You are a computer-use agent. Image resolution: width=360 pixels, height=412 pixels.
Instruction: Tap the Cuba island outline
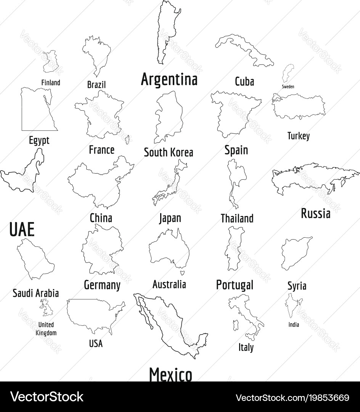tap(244, 50)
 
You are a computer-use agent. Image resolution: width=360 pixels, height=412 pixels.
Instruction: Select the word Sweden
tap(288, 87)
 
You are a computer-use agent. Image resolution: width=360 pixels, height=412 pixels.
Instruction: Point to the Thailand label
tap(237, 218)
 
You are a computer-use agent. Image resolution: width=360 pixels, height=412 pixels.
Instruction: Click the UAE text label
tap(22, 230)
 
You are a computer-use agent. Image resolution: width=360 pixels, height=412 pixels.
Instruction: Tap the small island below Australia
tap(183, 272)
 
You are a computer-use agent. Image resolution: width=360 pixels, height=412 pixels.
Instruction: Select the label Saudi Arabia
tap(35, 293)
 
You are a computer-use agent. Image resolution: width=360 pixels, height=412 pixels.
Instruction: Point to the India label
tap(294, 325)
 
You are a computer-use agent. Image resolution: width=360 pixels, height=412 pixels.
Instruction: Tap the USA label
tap(96, 343)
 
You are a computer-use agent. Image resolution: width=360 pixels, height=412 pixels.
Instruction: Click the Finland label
tap(51, 82)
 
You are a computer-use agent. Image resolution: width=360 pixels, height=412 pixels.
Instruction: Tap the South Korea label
tap(168, 152)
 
